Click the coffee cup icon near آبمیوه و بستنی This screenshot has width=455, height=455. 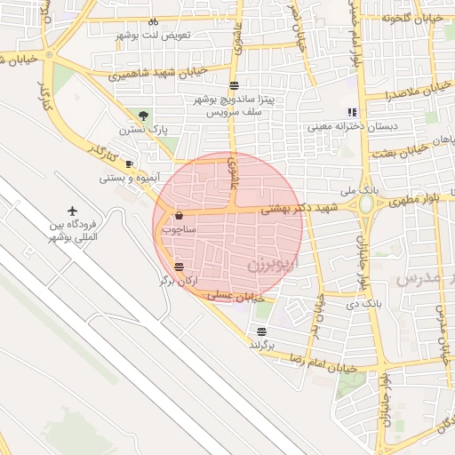[x=129, y=164]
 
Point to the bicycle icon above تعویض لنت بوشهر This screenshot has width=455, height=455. [x=153, y=20]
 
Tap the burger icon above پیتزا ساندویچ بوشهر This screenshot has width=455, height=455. [x=234, y=85]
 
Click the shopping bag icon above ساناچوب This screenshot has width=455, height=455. [x=180, y=215]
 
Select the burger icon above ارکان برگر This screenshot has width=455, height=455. [x=180, y=267]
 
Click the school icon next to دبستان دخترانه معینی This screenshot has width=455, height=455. [x=352, y=112]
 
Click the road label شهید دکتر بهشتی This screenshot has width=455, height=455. [x=293, y=207]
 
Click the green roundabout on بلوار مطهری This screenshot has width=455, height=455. [x=366, y=204]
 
